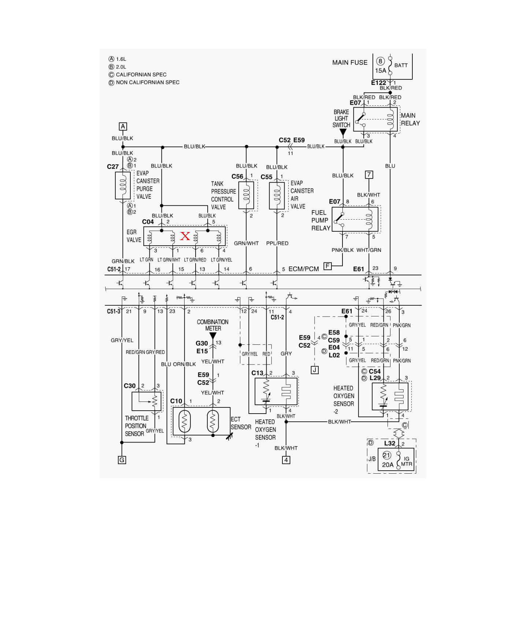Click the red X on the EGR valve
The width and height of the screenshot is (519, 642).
(x=185, y=236)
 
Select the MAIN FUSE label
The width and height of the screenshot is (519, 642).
(x=350, y=63)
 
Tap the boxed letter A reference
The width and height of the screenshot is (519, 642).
(x=123, y=126)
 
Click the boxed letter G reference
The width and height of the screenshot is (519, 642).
(x=122, y=460)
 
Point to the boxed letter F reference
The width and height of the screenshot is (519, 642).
(x=328, y=266)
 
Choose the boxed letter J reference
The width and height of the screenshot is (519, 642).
(x=315, y=370)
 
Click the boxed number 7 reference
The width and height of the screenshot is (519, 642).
(x=369, y=175)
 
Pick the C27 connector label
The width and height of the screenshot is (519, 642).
(x=113, y=167)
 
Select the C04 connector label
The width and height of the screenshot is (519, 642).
(x=148, y=222)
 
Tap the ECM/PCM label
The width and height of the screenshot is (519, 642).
(x=304, y=269)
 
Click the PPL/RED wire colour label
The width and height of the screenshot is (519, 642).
(x=277, y=243)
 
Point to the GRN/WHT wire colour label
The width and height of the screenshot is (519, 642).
(x=246, y=243)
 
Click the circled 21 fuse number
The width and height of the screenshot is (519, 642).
(x=387, y=455)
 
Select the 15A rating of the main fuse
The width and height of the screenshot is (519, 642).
(x=381, y=71)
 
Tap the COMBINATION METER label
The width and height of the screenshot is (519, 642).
(x=213, y=325)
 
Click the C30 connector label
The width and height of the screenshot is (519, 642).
(x=130, y=386)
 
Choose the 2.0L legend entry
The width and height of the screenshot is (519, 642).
(x=118, y=67)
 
